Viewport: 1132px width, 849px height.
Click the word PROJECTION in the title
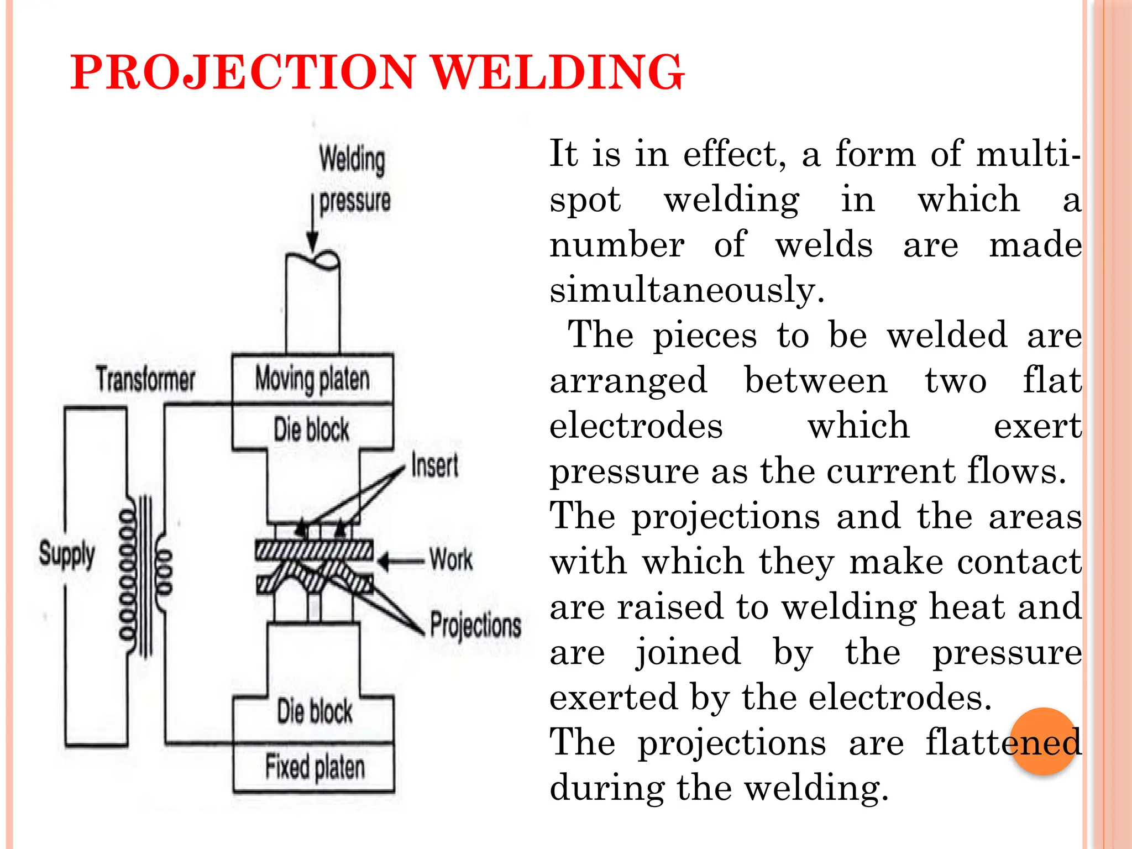pos(243,72)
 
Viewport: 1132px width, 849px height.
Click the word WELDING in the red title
pos(557,72)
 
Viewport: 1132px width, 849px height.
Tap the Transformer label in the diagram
pos(145,380)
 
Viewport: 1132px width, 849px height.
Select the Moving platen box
pos(312,379)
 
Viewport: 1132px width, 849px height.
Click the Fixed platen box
pos(314,767)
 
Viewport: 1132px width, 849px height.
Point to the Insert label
pos(434,465)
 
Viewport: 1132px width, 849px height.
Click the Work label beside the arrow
pos(451,559)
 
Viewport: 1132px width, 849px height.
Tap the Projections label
pos(475,626)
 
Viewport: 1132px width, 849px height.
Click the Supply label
pos(67,554)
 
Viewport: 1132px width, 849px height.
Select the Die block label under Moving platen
pos(312,429)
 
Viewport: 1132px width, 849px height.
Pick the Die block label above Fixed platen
pos(315,711)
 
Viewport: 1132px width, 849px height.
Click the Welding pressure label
pos(354,180)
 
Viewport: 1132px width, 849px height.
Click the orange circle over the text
pos(1044,741)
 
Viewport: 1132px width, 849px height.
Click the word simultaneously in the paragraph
pos(686,290)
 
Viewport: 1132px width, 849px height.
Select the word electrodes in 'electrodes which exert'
pos(636,426)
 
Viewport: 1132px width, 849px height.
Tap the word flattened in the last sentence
pos(1003,742)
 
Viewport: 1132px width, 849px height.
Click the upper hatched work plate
pos(314,550)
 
